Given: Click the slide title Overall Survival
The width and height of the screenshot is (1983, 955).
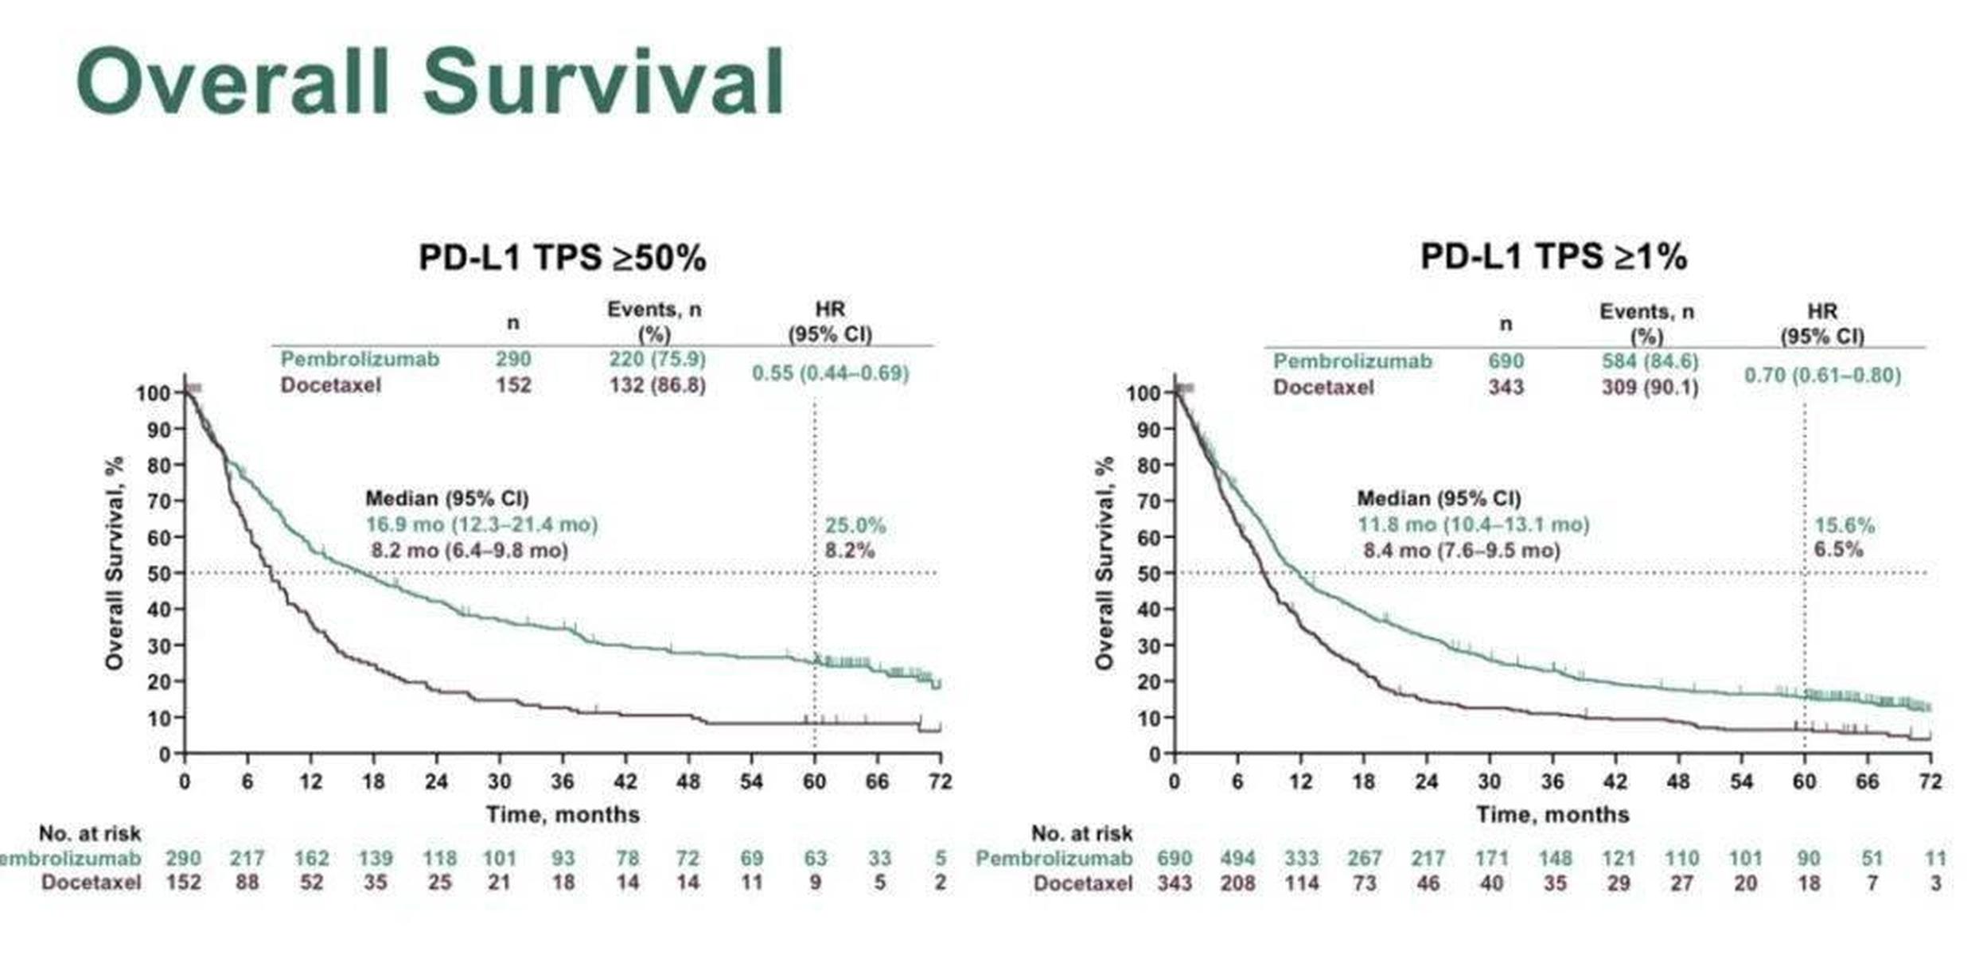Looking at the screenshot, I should tap(430, 83).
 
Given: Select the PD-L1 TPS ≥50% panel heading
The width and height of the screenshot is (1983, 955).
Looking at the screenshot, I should tap(562, 258).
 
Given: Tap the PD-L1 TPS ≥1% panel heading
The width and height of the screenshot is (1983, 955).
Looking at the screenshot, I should tap(1553, 256).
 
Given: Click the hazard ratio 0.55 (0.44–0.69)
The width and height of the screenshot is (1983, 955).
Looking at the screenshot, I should tap(830, 373).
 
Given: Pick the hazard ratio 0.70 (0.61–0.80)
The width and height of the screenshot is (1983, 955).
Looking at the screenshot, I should tap(1821, 376).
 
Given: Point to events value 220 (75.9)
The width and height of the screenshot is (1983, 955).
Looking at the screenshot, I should tap(657, 360).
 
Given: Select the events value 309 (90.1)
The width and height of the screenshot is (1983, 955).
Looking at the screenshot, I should tap(1649, 388).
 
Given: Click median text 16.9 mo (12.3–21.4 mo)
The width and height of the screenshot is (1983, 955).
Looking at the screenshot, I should tap(481, 525).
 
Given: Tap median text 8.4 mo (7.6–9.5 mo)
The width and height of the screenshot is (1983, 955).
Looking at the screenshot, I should tap(1461, 551).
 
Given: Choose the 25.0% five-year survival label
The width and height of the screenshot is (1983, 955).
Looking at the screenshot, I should tap(855, 526).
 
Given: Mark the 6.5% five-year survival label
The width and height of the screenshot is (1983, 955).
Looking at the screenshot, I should tap(1838, 550).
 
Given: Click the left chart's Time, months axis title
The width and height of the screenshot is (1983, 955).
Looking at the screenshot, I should tap(563, 815).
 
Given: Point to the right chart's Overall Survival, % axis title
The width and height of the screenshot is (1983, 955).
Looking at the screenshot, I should tap(1104, 563).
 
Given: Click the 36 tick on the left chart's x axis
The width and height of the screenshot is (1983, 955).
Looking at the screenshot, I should tap(563, 782).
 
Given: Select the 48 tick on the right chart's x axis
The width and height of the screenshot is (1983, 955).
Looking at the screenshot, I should tap(1678, 782).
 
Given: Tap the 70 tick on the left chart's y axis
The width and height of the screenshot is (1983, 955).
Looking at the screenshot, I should tap(160, 501).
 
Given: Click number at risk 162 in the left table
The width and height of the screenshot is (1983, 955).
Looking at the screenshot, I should tap(311, 859).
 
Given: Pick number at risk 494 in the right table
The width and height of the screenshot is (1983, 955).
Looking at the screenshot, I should tap(1237, 859).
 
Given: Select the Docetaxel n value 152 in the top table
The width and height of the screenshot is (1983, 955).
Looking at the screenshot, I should tap(513, 386).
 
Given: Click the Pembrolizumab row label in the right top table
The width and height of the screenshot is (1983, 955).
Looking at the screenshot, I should tap(1352, 361).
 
